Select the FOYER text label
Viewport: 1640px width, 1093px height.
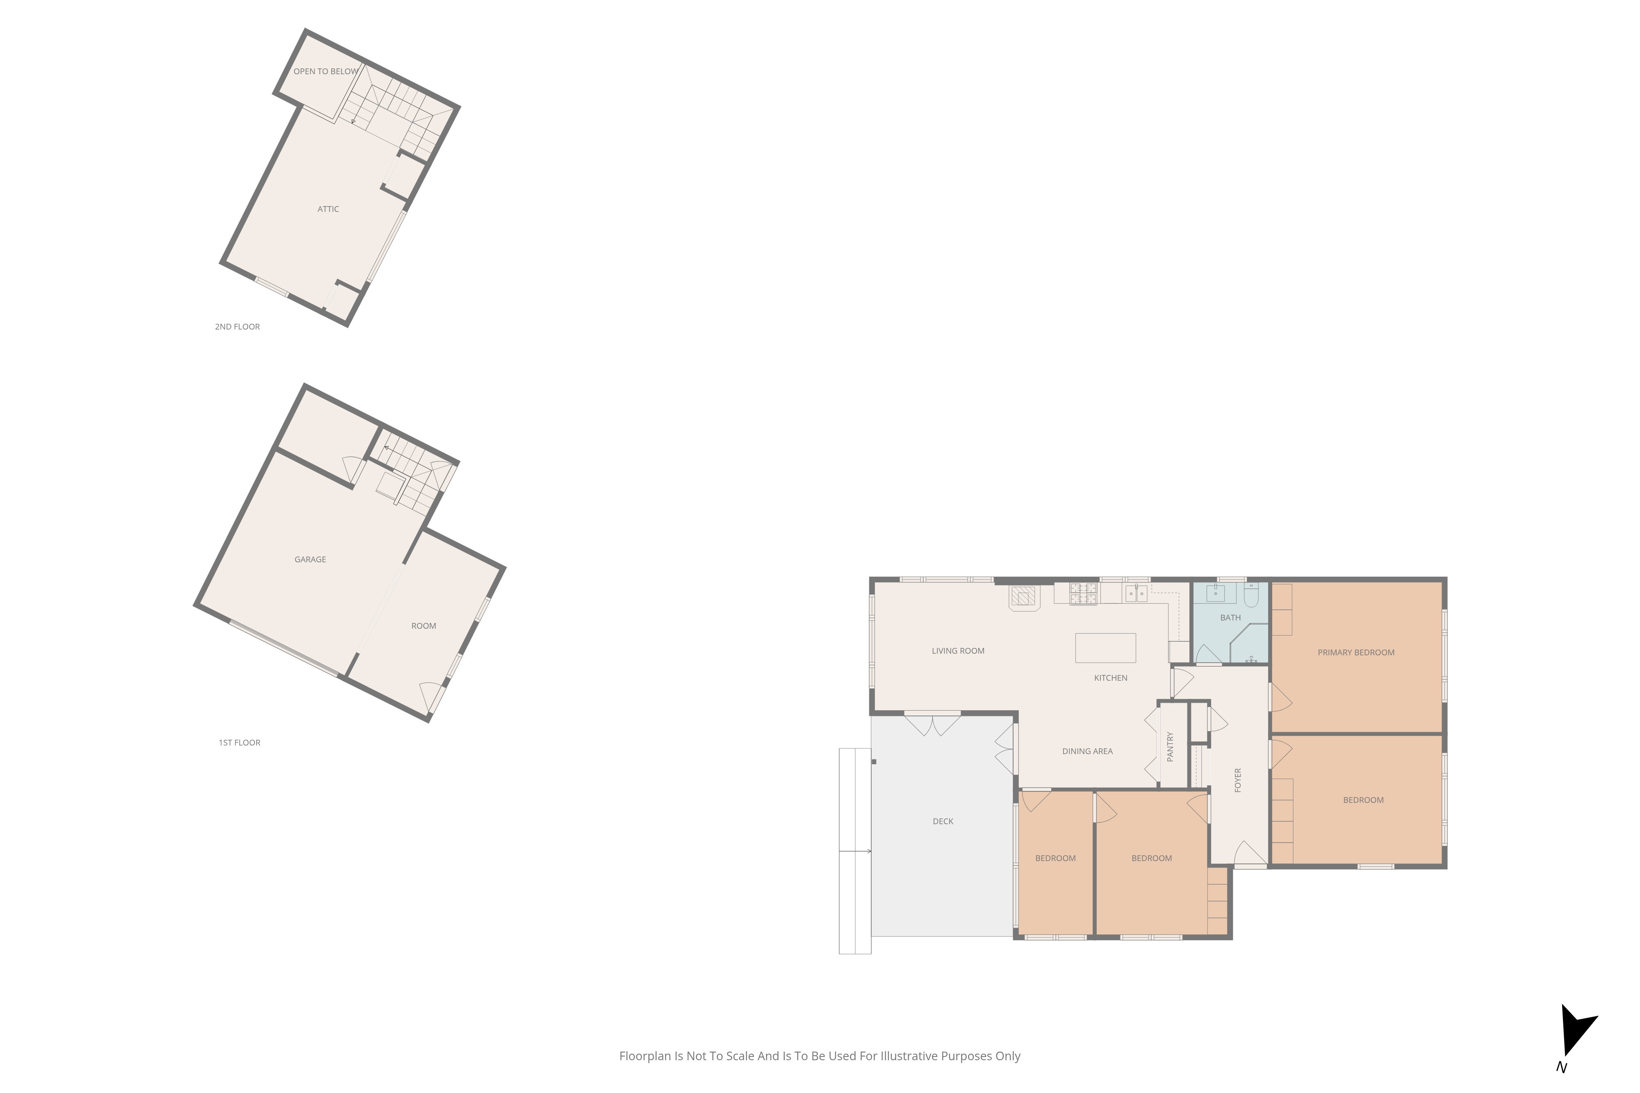tap(1238, 780)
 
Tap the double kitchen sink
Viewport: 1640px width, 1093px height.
tap(1136, 593)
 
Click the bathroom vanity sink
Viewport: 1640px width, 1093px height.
tap(1215, 593)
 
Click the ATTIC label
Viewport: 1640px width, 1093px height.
tap(328, 209)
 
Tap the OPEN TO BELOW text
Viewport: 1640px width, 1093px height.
tap(326, 71)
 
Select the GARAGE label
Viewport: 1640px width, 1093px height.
tap(310, 559)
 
